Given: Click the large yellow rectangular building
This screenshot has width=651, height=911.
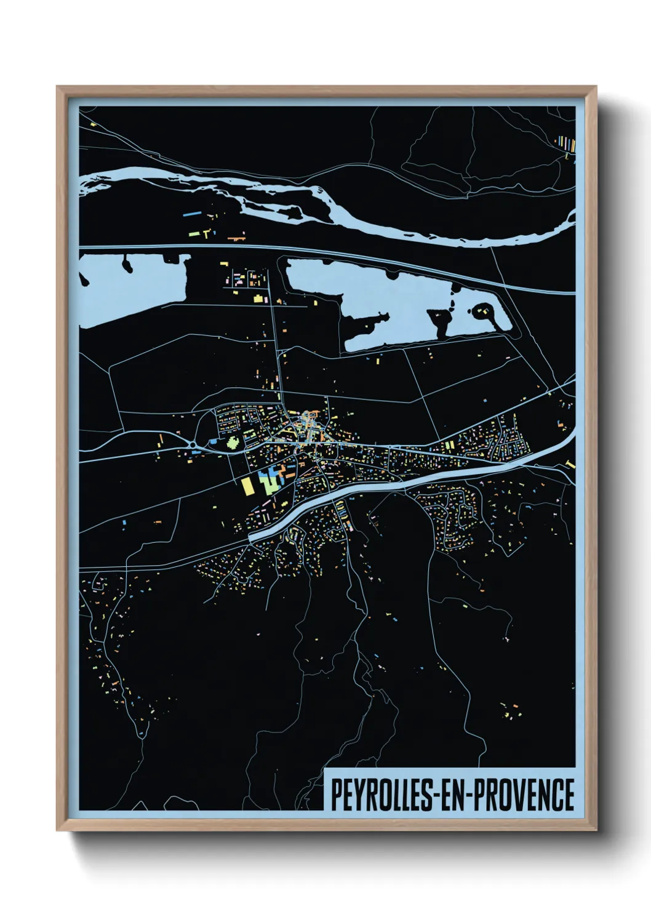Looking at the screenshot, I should click(247, 486).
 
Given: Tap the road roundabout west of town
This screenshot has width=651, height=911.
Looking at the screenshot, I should click(193, 445).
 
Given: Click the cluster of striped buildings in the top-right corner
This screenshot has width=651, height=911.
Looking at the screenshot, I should click(566, 144).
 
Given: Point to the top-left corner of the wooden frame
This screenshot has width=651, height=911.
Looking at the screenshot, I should click(58, 88).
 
